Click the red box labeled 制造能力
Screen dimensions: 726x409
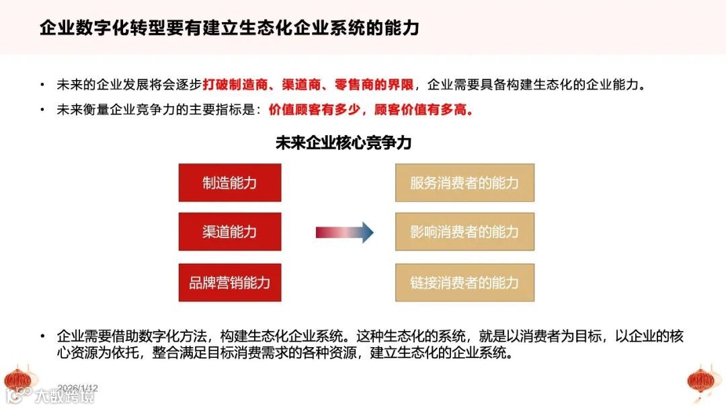point(230,182)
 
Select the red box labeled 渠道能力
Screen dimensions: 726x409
point(230,232)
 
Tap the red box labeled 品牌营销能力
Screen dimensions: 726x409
point(230,283)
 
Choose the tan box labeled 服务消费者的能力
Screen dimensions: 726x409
point(465,182)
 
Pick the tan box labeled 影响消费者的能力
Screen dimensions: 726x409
point(465,232)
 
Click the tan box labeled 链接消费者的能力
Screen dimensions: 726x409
point(465,283)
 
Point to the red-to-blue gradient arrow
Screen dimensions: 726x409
point(344,232)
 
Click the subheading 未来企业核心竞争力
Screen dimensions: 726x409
point(344,143)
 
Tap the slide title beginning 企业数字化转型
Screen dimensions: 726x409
point(229,28)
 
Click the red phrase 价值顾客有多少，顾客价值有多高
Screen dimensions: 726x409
point(370,110)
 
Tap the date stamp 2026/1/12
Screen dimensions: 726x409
point(78,388)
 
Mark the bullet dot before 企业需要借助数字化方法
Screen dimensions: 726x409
point(43,336)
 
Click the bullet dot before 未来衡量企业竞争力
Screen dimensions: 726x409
point(43,110)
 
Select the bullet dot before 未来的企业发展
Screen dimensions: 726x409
point(43,86)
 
